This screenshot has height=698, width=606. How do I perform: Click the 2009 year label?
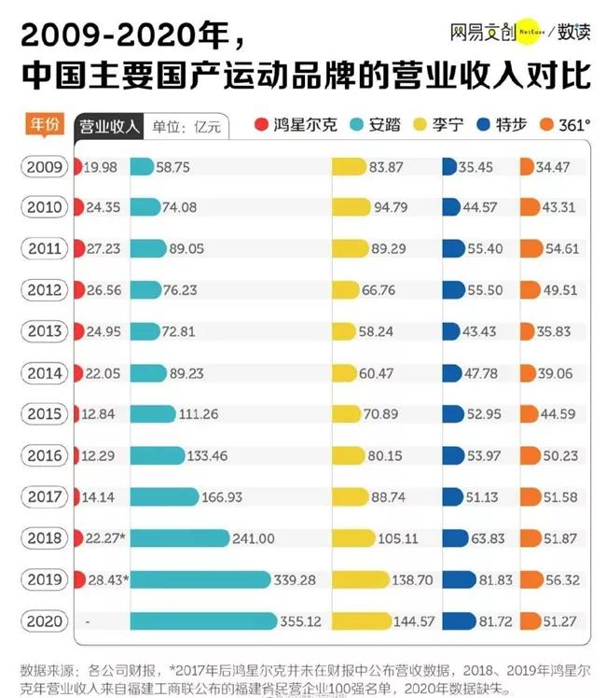coord(45,168)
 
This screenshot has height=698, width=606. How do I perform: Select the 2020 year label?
coord(45,621)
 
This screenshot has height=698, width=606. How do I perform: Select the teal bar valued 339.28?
coord(200,579)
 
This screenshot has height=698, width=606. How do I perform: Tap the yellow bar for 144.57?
coord(358,621)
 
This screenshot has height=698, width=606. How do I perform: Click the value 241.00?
coord(255,538)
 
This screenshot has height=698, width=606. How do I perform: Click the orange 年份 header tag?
coord(46,124)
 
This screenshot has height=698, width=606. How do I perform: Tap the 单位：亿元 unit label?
coord(186,127)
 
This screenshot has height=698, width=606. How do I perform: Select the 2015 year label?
coord(45,414)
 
